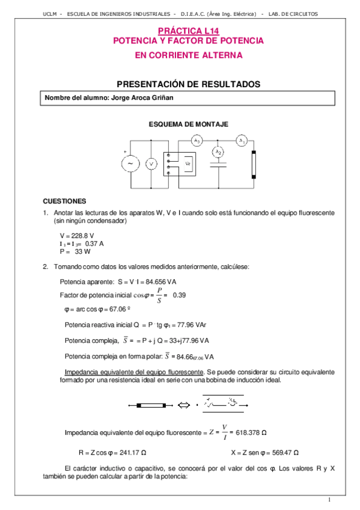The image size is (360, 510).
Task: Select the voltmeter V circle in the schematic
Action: (x=152, y=163)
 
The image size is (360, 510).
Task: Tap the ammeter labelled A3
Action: (x=196, y=141)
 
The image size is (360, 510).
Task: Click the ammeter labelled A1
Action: (x=241, y=141)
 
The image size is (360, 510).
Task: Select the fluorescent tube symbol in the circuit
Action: (x=255, y=162)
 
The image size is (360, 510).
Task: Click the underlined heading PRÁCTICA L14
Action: (x=180, y=31)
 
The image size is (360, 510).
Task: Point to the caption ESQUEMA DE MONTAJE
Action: (x=180, y=123)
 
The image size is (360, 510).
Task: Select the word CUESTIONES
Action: (x=65, y=201)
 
